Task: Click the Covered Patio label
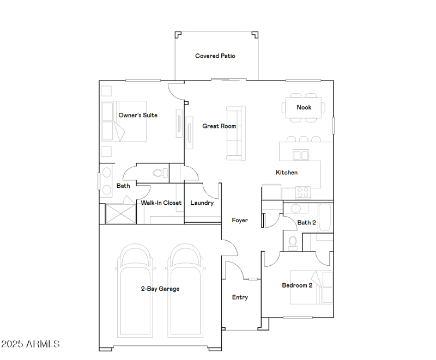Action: [215, 56]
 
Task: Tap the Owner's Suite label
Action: [138, 115]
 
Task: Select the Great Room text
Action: [219, 126]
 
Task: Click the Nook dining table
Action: [304, 107]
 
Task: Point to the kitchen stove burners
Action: [303, 192]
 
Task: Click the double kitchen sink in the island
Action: [301, 155]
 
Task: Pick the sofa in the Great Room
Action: [236, 133]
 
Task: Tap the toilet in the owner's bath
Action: [160, 173]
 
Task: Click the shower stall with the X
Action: [120, 213]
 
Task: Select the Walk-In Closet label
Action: [161, 203]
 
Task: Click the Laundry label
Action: [202, 203]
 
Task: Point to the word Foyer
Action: [240, 220]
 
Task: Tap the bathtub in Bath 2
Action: [325, 217]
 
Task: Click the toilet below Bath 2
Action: [293, 243]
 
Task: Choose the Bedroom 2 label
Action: [297, 285]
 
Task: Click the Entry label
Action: [240, 297]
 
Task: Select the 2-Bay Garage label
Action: [160, 289]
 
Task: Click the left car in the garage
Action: [135, 290]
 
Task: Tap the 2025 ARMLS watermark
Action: [31, 344]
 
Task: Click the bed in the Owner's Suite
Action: [124, 121]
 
